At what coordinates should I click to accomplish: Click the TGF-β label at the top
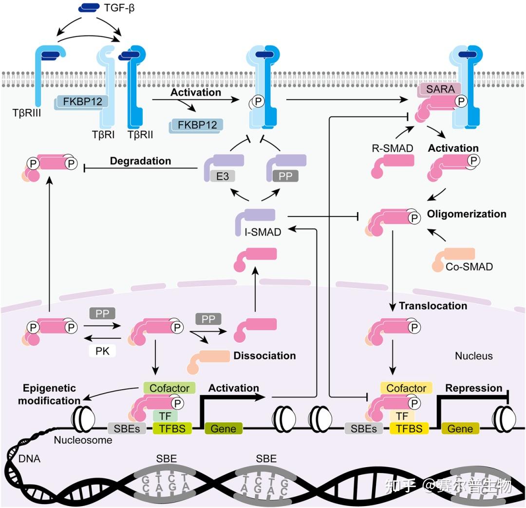point(119,8)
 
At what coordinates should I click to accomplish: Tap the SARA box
point(440,89)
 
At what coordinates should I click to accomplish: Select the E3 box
point(223,176)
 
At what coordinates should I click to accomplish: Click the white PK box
point(102,351)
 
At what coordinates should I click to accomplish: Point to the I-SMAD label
point(263,232)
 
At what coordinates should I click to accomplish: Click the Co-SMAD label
point(469,267)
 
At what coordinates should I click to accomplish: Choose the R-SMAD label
point(392,148)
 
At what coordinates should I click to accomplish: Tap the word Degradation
point(140,161)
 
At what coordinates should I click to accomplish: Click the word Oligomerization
point(466,214)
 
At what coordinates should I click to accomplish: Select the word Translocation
point(433,306)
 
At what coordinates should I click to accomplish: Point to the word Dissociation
point(264,356)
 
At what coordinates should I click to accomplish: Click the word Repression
point(473,388)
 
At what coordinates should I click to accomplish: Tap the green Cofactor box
point(169,388)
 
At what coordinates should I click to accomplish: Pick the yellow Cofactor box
point(406,388)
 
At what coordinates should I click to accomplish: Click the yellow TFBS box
point(409,428)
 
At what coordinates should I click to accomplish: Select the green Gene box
point(223,428)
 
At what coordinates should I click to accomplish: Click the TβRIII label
point(26,113)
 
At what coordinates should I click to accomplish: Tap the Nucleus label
point(474,356)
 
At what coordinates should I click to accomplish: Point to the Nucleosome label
point(83,440)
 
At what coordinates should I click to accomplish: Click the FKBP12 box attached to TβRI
point(82,102)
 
